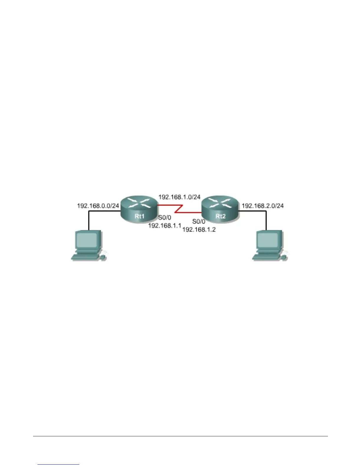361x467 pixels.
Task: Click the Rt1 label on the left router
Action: [139, 216]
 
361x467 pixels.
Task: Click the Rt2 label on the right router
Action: [220, 216]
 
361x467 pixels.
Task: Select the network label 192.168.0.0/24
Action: [98, 206]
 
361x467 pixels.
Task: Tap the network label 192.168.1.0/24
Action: [179, 197]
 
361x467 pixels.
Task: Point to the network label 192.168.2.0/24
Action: [263, 206]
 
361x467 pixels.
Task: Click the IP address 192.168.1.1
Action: [164, 226]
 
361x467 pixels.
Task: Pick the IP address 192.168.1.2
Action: [199, 229]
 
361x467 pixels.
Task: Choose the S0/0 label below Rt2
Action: [199, 222]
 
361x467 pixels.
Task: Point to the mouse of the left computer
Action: [103, 258]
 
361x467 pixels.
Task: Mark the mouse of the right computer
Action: [284, 258]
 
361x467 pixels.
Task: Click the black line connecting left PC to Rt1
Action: [89, 220]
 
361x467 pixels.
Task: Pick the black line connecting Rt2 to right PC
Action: [266, 220]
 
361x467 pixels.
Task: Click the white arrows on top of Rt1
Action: [139, 203]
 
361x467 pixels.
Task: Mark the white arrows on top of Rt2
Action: [220, 203]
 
